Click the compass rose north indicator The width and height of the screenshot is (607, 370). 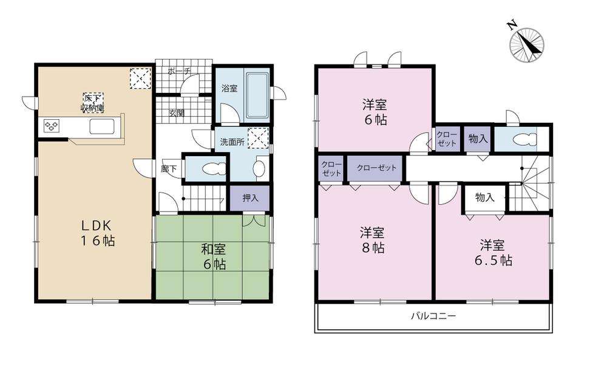click(x=526, y=44)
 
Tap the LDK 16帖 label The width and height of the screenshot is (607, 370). click(x=93, y=233)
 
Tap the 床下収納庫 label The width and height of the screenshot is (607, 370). click(x=93, y=102)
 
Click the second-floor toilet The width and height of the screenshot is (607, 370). click(x=523, y=139)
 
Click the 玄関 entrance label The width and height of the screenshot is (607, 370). click(x=177, y=113)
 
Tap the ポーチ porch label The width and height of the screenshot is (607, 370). click(x=180, y=72)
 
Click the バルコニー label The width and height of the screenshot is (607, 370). click(x=433, y=316)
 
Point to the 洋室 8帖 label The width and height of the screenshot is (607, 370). click(x=373, y=240)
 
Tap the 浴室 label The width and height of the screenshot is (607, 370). click(x=229, y=89)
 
